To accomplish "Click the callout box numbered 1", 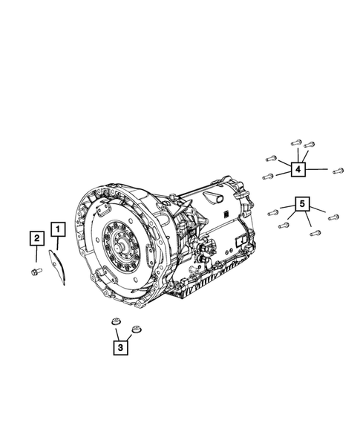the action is [58, 229].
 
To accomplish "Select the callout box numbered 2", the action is [37, 238].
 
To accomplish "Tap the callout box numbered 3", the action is [120, 347].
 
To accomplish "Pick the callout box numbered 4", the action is [298, 169].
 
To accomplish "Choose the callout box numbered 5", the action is [303, 204].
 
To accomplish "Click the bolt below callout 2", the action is [36, 271].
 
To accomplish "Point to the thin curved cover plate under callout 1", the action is [57, 266].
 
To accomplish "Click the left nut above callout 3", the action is [116, 321].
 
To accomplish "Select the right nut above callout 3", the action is [137, 329].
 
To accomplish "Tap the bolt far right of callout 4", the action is [338, 171].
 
